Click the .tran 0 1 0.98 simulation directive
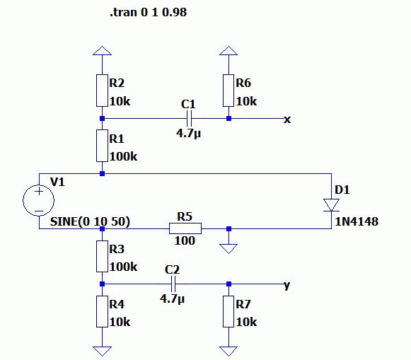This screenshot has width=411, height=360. pos(149,12)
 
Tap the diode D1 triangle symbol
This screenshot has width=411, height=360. pos(331,205)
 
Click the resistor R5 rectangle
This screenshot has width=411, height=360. pos(185,228)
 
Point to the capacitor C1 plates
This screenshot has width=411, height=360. pos(190,118)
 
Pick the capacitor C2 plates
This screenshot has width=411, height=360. pos(173,284)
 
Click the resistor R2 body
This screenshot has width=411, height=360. pos(102,91)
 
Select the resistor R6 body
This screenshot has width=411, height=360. pos(228,91)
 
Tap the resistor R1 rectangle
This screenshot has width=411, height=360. pos(102,146)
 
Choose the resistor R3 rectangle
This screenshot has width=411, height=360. pos(102,256)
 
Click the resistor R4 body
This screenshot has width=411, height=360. pos(102,311)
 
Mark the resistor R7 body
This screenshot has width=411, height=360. pos(228,311)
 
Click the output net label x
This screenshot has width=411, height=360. pos(287,120)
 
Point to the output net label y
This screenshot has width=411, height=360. pos(287,285)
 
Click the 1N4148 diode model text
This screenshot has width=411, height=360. pos(357,221)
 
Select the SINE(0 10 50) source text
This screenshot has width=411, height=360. pos(90,221)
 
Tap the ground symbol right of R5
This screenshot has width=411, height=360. pos(228,249)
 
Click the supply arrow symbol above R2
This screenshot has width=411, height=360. pos(102,51)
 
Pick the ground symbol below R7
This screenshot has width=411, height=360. pos(228,352)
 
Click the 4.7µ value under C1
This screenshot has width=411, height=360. pos(188,134)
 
